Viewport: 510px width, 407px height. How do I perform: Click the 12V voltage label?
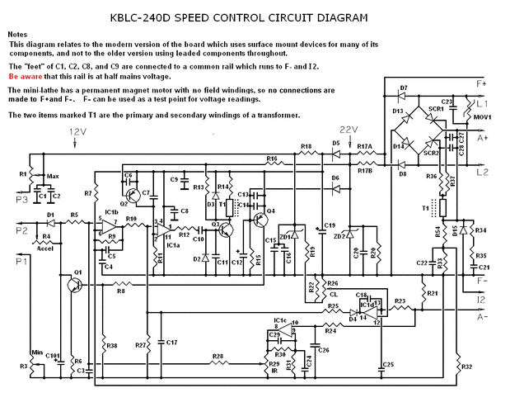(x=77, y=131)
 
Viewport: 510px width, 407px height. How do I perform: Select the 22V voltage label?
(x=349, y=130)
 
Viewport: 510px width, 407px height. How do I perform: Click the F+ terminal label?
(x=481, y=84)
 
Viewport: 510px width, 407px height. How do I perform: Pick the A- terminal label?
(x=483, y=315)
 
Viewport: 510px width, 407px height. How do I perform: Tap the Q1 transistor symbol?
(x=77, y=283)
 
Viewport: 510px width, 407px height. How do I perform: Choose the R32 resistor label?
(x=466, y=366)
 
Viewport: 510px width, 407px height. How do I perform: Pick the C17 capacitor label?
(x=171, y=342)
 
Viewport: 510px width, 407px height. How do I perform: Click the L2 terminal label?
(x=483, y=172)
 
